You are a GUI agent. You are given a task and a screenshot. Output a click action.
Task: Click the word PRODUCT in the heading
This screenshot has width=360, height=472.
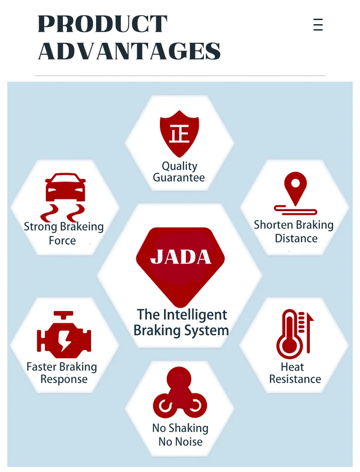pyautogui.click(x=103, y=24)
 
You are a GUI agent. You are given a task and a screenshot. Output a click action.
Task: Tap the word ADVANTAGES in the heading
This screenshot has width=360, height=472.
pyautogui.click(x=129, y=51)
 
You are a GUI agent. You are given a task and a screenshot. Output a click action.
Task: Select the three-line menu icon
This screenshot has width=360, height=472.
pyautogui.click(x=318, y=24)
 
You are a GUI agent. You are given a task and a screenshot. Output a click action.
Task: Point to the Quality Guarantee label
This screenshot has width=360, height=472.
pyautogui.click(x=179, y=172)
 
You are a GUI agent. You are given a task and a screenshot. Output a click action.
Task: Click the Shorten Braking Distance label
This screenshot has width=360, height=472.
pyautogui.click(x=294, y=232)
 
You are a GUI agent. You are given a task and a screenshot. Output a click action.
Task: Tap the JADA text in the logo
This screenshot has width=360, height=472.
pyautogui.click(x=180, y=257)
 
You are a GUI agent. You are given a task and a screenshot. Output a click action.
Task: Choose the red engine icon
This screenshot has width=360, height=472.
pyautogui.click(x=64, y=336)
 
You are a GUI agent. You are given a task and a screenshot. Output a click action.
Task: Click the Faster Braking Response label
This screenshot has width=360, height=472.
pyautogui.click(x=62, y=373)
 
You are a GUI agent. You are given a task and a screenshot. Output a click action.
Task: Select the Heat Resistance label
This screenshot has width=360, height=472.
pyautogui.click(x=295, y=373)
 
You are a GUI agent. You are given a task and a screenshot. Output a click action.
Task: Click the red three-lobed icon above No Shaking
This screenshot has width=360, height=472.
pyautogui.click(x=180, y=393)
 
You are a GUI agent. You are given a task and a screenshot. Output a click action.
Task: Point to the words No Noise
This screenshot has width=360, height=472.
pyautogui.click(x=180, y=441)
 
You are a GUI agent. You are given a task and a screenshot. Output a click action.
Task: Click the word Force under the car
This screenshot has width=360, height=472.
pyautogui.click(x=62, y=240)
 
